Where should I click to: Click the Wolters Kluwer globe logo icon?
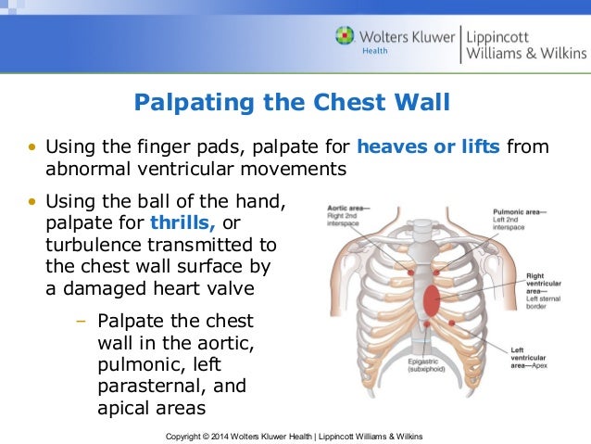click(346, 38)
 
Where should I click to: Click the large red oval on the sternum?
click(430, 298)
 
